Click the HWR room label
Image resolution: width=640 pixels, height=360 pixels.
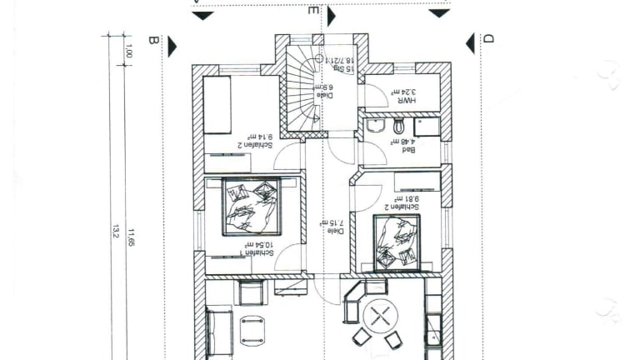tap(406, 99)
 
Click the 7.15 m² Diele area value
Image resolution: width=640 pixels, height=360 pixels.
tap(319, 222)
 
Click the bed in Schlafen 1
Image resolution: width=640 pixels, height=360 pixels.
tap(251, 206)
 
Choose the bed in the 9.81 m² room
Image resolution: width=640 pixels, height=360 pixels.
tap(396, 241)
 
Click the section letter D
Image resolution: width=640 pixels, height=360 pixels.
tap(489, 38)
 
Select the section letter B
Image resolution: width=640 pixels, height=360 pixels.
tap(152, 39)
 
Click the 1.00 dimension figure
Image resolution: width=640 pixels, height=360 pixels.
tap(128, 51)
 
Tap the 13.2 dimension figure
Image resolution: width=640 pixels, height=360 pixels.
tap(115, 229)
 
